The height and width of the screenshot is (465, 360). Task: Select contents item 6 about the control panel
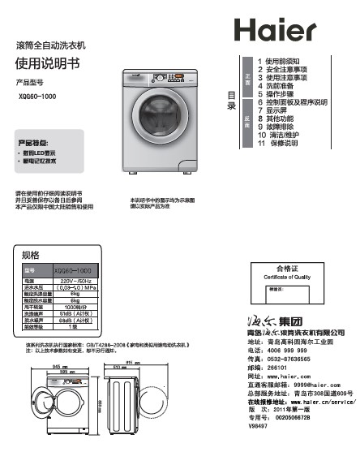click(x=292, y=103)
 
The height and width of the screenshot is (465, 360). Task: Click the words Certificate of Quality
click(x=288, y=277)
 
